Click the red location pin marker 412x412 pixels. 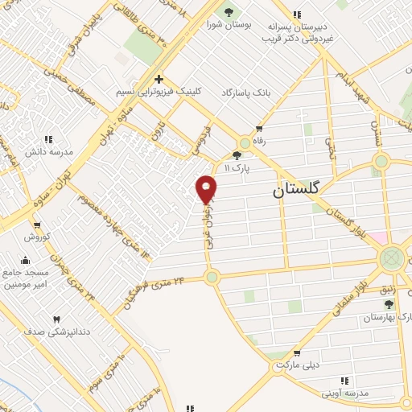tap(207, 188)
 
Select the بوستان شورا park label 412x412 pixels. tap(229, 24)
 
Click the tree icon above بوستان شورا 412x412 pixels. tap(229, 12)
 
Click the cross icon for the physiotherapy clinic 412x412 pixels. tap(159, 79)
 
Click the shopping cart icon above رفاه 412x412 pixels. tap(258, 128)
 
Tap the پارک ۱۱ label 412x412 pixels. tap(237, 168)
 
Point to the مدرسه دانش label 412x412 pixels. tap(51, 151)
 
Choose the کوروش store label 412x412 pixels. tap(36, 237)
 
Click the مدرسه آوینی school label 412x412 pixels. tap(346, 392)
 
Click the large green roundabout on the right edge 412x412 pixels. tap(392, 258)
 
